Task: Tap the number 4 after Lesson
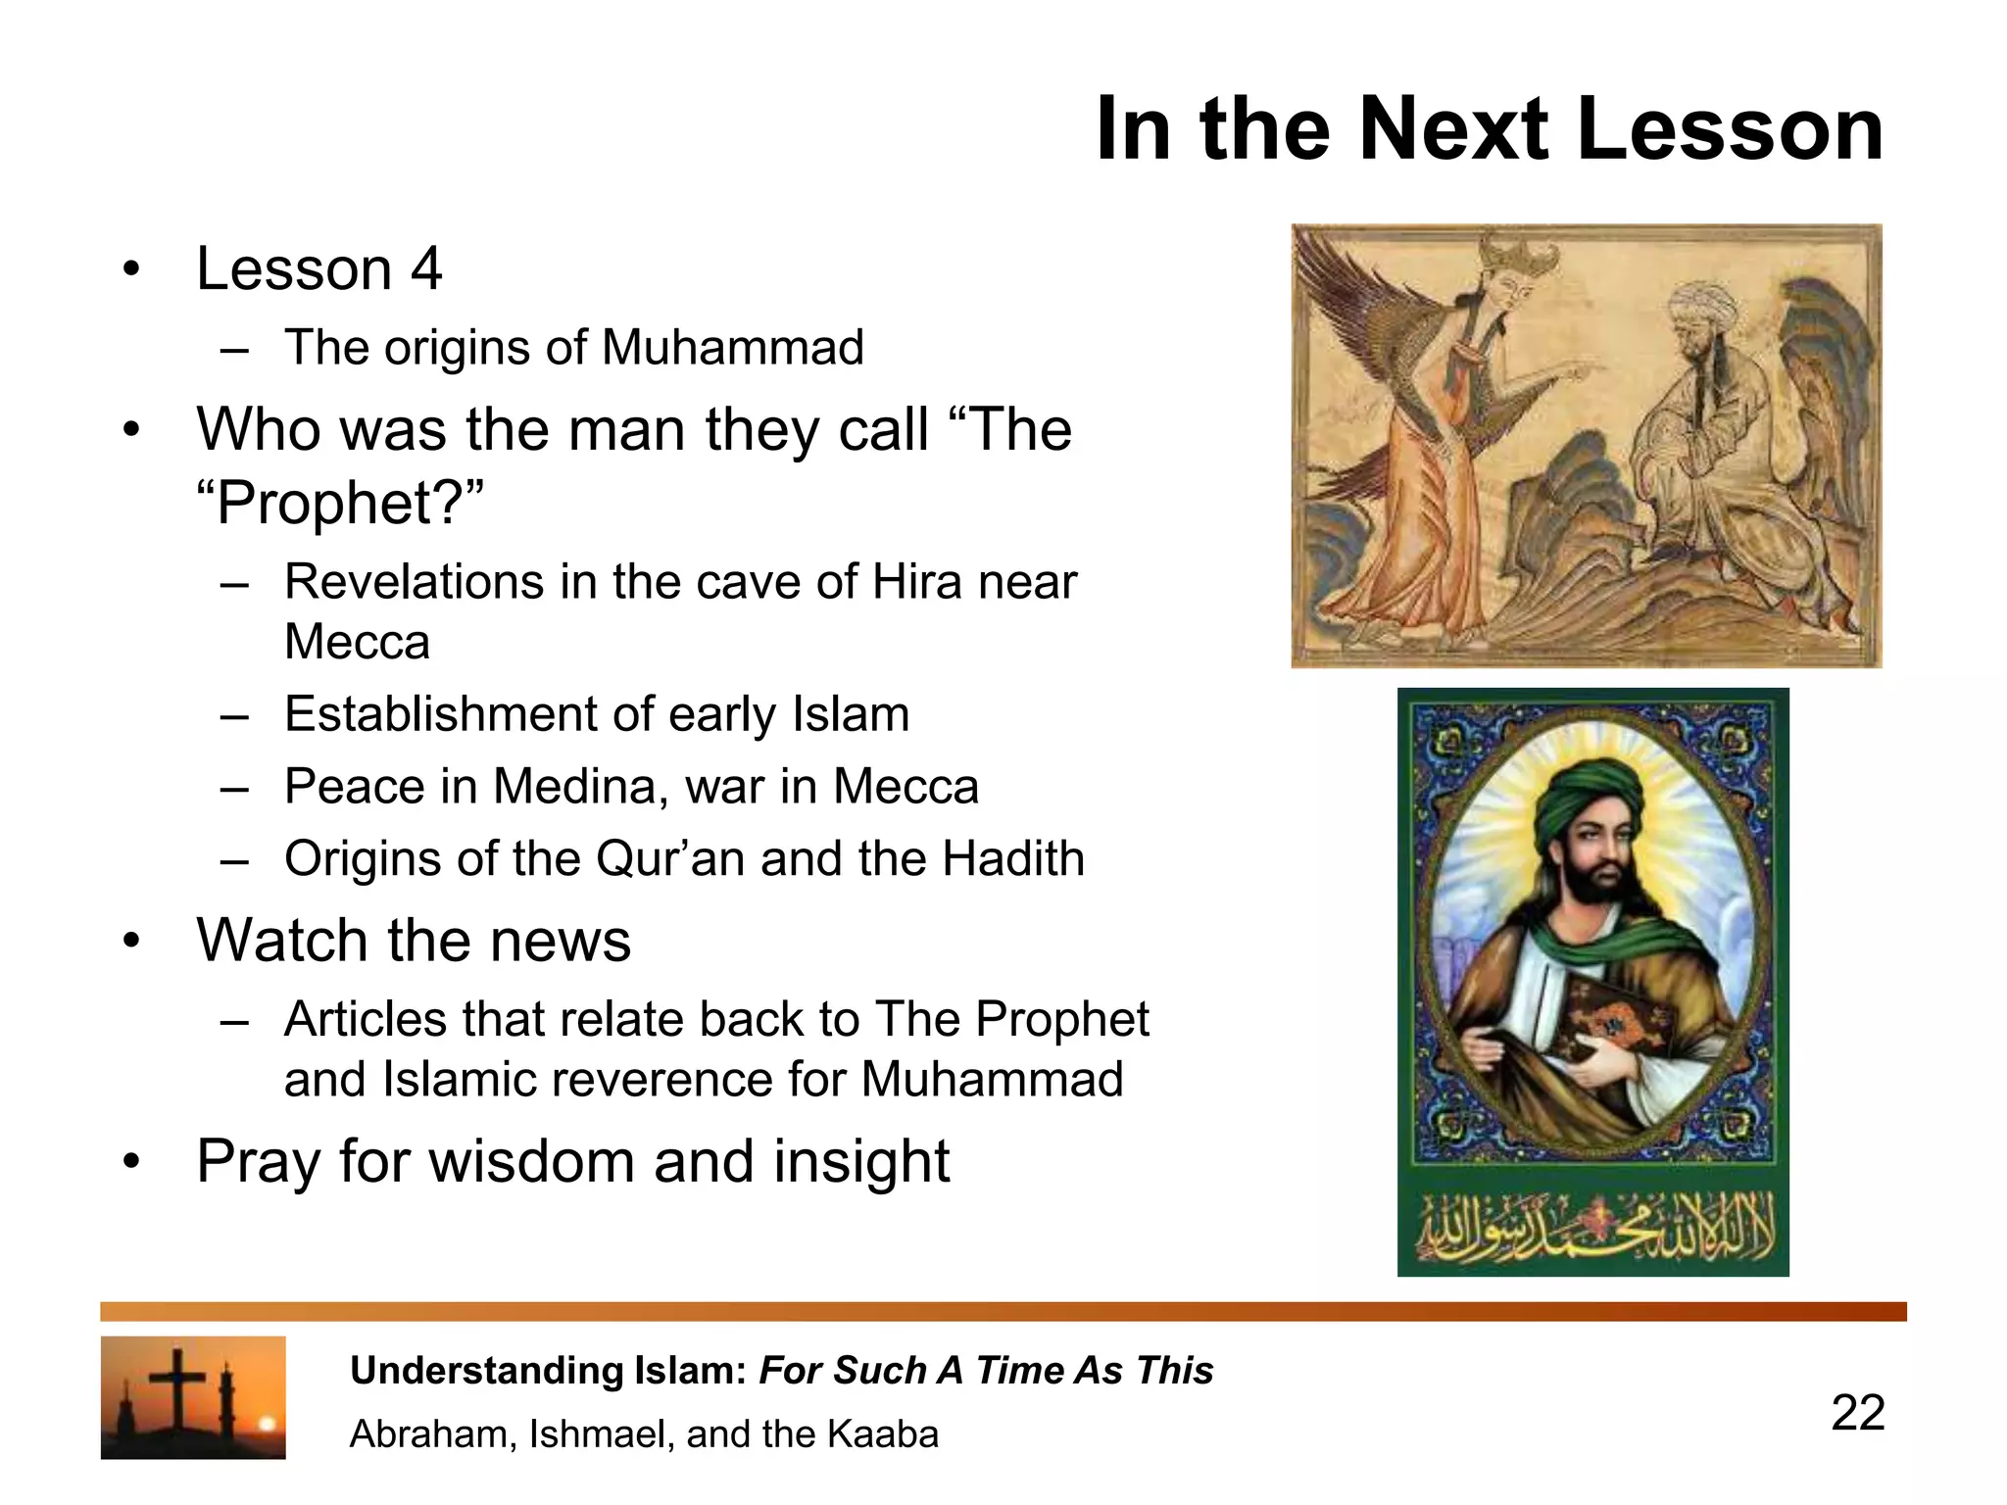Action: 425,268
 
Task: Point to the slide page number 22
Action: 1857,1413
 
